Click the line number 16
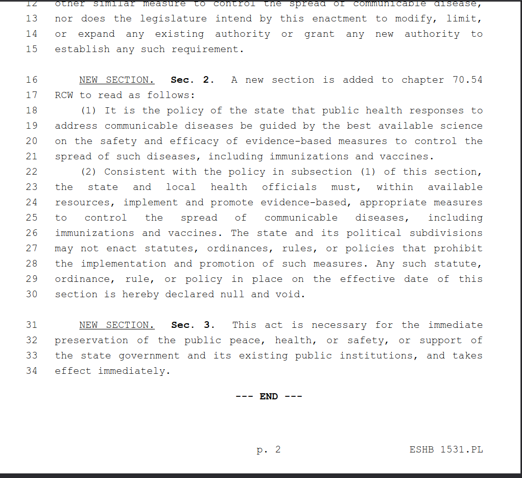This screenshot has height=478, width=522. (x=32, y=80)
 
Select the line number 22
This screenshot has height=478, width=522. (x=32, y=172)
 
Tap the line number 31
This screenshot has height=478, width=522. (x=32, y=325)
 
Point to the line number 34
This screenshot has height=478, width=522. (x=32, y=371)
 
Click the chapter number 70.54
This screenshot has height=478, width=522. (x=467, y=80)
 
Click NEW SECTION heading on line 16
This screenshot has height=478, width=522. (x=116, y=80)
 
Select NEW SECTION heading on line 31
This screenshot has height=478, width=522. (x=116, y=325)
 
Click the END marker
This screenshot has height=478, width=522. (x=269, y=397)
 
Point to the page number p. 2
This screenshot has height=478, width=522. (x=269, y=450)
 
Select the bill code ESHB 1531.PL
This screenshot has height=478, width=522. (x=446, y=450)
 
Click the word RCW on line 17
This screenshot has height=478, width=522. (x=64, y=95)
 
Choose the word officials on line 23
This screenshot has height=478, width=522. (x=289, y=187)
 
